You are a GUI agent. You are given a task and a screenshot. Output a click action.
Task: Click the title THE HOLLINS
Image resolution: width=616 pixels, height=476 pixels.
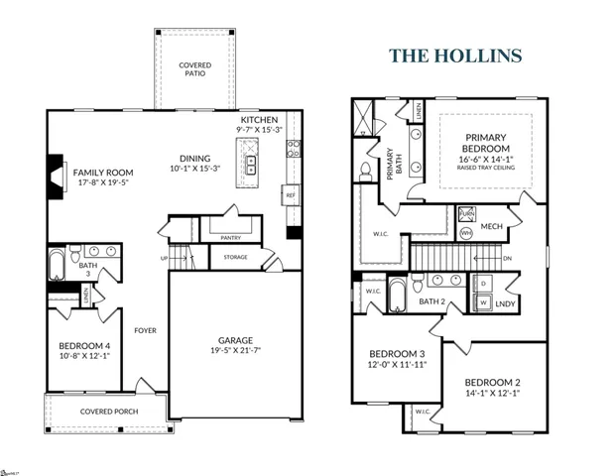[455, 55]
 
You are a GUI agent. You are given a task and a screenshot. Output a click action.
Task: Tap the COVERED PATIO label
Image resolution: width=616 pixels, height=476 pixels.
[194, 69]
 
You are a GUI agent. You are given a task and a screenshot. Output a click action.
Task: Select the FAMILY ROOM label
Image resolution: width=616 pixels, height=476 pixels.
[103, 172]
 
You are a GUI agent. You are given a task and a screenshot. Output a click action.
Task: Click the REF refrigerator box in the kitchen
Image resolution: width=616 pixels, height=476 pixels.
[291, 196]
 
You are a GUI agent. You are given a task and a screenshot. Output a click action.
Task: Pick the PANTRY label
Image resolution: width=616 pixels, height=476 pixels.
[231, 237]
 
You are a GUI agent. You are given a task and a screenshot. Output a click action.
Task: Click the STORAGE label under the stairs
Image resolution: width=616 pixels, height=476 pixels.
[235, 257]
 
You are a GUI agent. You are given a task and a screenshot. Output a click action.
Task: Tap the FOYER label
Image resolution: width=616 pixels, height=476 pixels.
[145, 330]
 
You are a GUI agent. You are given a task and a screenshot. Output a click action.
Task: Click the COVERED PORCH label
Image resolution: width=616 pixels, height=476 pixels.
[109, 411]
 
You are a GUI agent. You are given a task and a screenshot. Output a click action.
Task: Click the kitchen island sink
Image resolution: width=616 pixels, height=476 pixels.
[251, 163]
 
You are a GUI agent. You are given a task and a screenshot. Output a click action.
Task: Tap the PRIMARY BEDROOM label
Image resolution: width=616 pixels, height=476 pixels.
[485, 143]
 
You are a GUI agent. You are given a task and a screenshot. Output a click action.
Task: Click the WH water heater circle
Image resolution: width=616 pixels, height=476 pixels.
[466, 233]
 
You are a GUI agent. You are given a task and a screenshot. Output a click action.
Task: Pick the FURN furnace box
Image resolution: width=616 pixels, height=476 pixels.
[467, 214]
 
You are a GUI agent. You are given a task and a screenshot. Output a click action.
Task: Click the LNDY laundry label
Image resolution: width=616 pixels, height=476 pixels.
[505, 303]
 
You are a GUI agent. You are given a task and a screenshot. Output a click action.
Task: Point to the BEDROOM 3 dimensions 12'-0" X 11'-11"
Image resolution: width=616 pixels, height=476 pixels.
[397, 365]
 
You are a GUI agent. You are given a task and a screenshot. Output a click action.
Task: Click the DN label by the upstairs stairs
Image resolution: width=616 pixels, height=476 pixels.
[507, 259]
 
